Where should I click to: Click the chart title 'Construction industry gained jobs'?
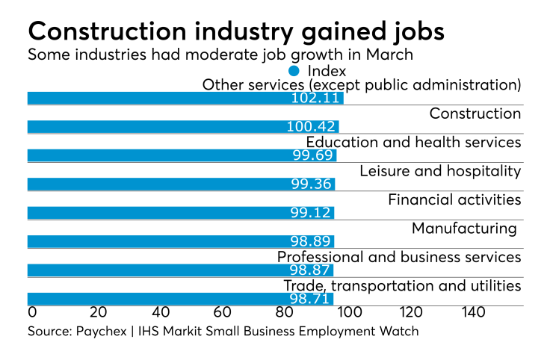click(x=235, y=31)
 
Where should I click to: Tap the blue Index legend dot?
click(x=294, y=71)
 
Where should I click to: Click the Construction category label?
click(x=475, y=114)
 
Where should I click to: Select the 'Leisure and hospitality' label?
click(x=439, y=171)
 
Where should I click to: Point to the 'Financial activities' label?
click(x=454, y=199)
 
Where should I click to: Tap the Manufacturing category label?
click(x=464, y=228)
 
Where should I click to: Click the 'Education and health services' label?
click(x=413, y=142)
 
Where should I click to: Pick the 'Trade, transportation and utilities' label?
click(x=401, y=285)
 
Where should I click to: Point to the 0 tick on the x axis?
click(x=31, y=311)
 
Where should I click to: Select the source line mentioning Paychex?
click(x=223, y=330)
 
